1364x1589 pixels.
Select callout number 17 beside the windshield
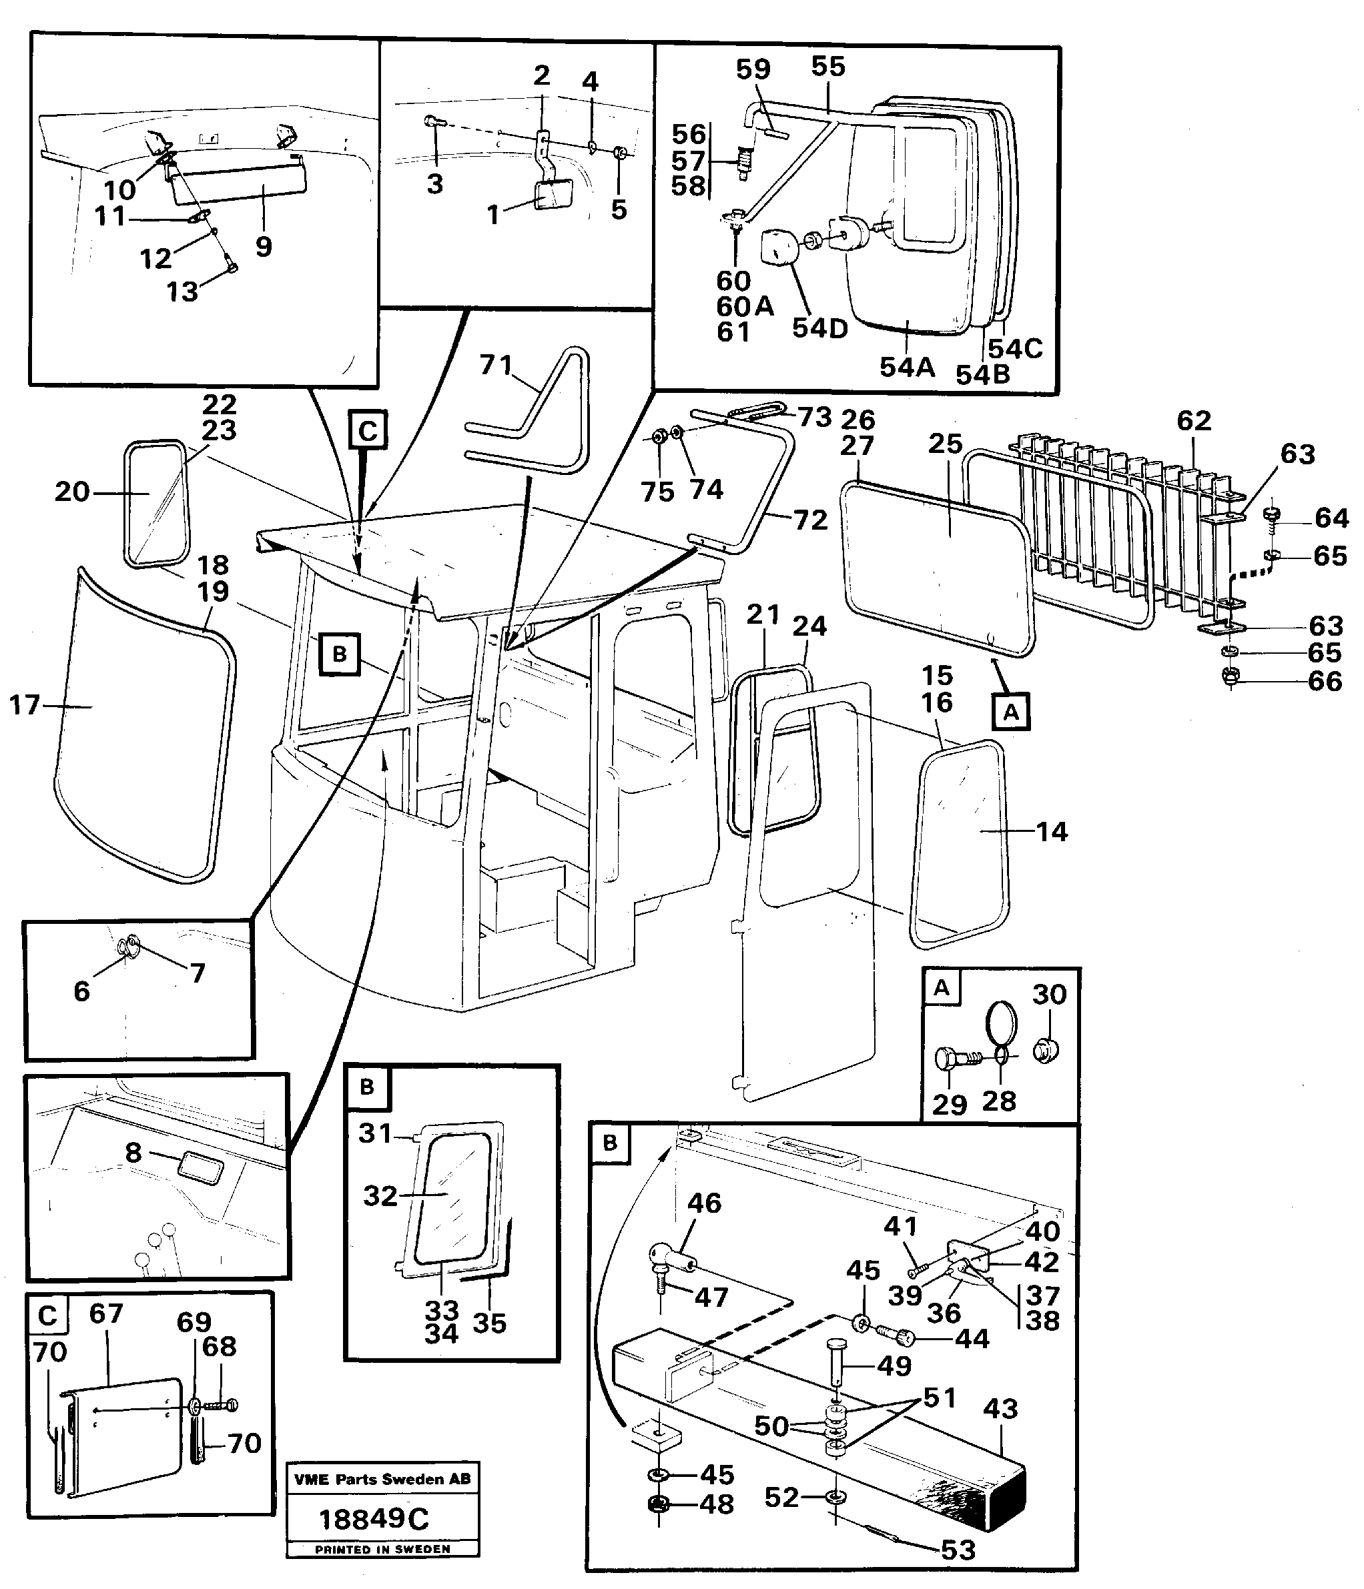tap(24, 704)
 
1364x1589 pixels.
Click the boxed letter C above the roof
tap(368, 431)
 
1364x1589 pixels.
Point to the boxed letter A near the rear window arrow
tap(1010, 712)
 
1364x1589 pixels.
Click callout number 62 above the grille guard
tap(1194, 420)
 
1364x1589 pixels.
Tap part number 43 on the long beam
tap(1000, 1408)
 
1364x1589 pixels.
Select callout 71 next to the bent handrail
tap(496, 365)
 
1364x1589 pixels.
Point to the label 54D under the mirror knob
tap(819, 328)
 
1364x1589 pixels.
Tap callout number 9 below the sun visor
tap(263, 247)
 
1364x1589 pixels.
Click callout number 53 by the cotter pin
tap(958, 1550)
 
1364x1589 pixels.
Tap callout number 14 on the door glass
tap(1051, 831)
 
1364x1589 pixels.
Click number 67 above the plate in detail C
tap(106, 1313)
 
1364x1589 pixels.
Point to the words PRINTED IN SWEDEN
tap(382, 1549)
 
